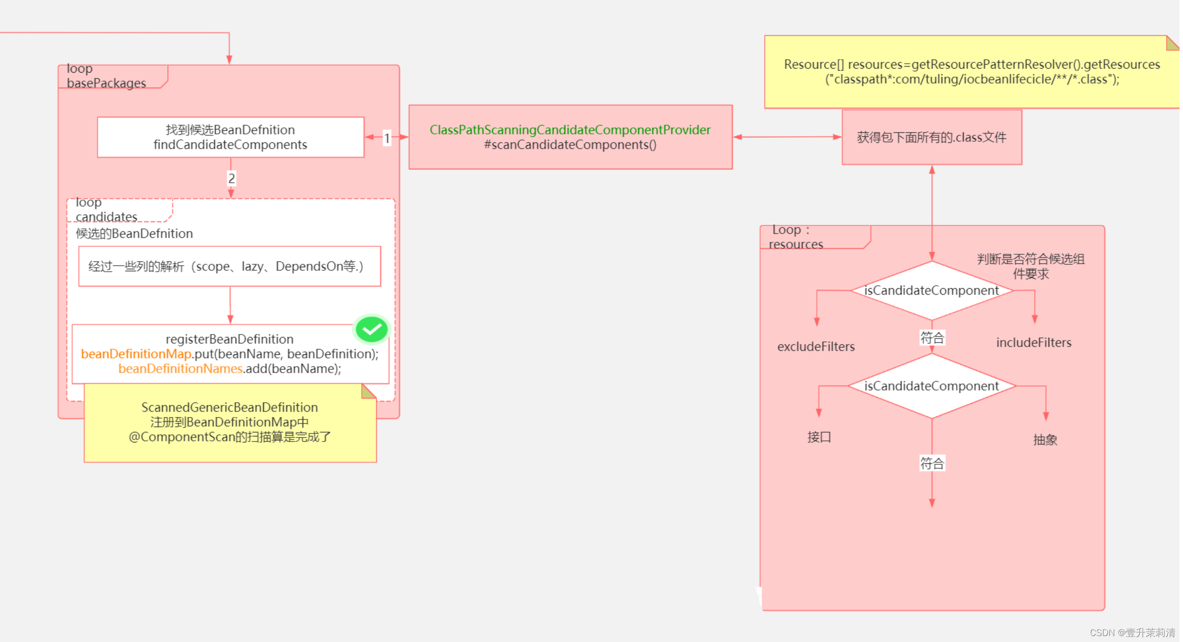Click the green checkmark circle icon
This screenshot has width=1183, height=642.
372,329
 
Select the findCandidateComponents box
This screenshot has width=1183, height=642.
230,137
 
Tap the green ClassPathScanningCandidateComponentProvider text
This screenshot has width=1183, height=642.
570,130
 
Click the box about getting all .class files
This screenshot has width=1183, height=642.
931,137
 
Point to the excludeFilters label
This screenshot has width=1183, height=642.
816,347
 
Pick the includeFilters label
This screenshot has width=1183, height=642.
1033,343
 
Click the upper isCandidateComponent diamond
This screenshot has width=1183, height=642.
931,291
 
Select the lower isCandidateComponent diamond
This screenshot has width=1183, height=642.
931,386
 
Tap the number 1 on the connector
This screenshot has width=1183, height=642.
387,138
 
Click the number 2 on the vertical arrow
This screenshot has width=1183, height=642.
231,178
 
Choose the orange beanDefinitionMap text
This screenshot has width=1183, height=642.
136,354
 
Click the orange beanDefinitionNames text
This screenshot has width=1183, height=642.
180,369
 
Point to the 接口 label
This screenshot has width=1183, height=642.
819,437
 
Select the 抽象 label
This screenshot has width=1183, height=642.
1045,440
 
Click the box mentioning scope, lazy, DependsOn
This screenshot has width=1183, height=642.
229,267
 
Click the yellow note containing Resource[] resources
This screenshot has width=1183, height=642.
971,72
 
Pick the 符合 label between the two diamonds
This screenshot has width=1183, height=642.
932,338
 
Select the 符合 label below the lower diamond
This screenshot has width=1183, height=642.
932,464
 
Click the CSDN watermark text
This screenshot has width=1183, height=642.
1132,633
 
